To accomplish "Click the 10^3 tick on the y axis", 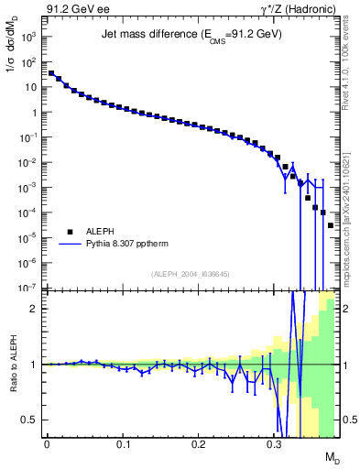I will pos(30,38).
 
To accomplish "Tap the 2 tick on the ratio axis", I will pos(35,309).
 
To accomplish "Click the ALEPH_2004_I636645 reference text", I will pos(191,275).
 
